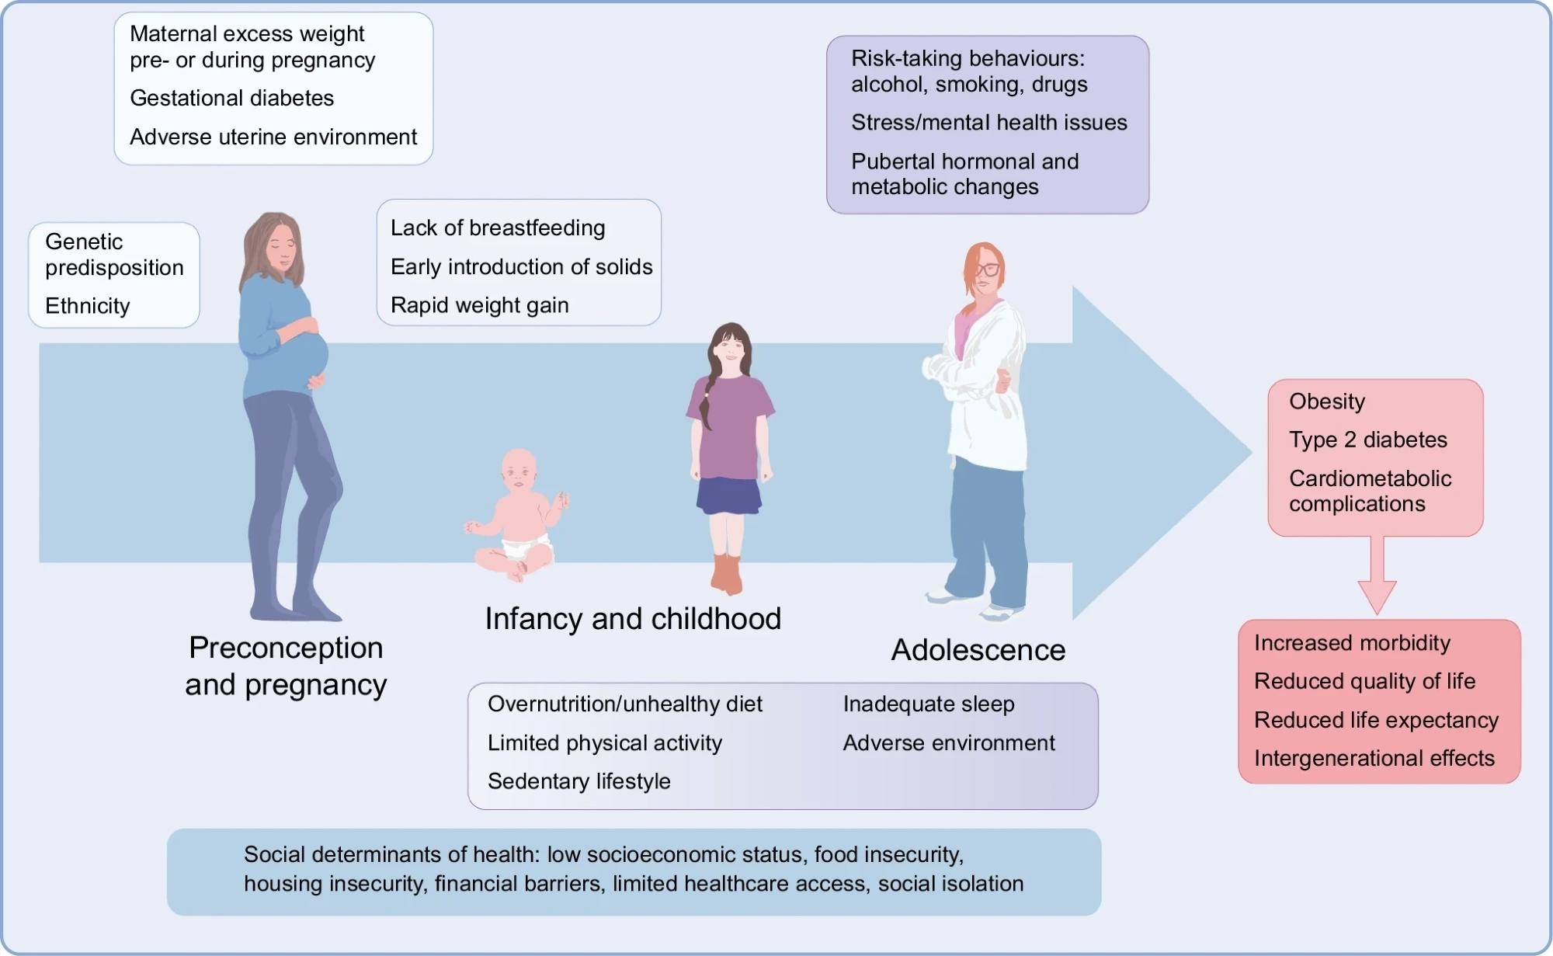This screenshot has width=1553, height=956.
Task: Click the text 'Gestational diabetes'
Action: [x=231, y=99]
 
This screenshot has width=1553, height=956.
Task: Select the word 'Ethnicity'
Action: [x=87, y=306]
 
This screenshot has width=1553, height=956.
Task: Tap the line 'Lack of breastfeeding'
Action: [x=498, y=228]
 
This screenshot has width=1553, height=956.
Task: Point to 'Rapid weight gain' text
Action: [x=479, y=305]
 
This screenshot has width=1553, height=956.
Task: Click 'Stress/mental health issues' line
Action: [x=988, y=123]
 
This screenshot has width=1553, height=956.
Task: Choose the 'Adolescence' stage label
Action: [x=978, y=650]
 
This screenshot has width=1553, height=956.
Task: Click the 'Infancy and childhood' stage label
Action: [x=633, y=619]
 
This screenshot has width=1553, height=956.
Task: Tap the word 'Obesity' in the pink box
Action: [x=1326, y=402]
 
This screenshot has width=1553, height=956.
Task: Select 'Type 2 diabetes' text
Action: [x=1367, y=440]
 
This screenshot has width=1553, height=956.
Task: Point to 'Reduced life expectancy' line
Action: [x=1376, y=721]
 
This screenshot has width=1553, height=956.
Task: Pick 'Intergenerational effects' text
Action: [x=1374, y=759]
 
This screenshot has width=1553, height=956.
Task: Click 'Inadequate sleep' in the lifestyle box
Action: [x=929, y=704]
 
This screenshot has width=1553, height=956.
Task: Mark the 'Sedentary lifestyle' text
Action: [x=578, y=781]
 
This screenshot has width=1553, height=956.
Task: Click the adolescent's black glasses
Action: [x=986, y=269]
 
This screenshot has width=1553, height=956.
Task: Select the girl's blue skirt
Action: [x=728, y=495]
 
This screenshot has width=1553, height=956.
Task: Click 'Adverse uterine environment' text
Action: [x=273, y=137]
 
